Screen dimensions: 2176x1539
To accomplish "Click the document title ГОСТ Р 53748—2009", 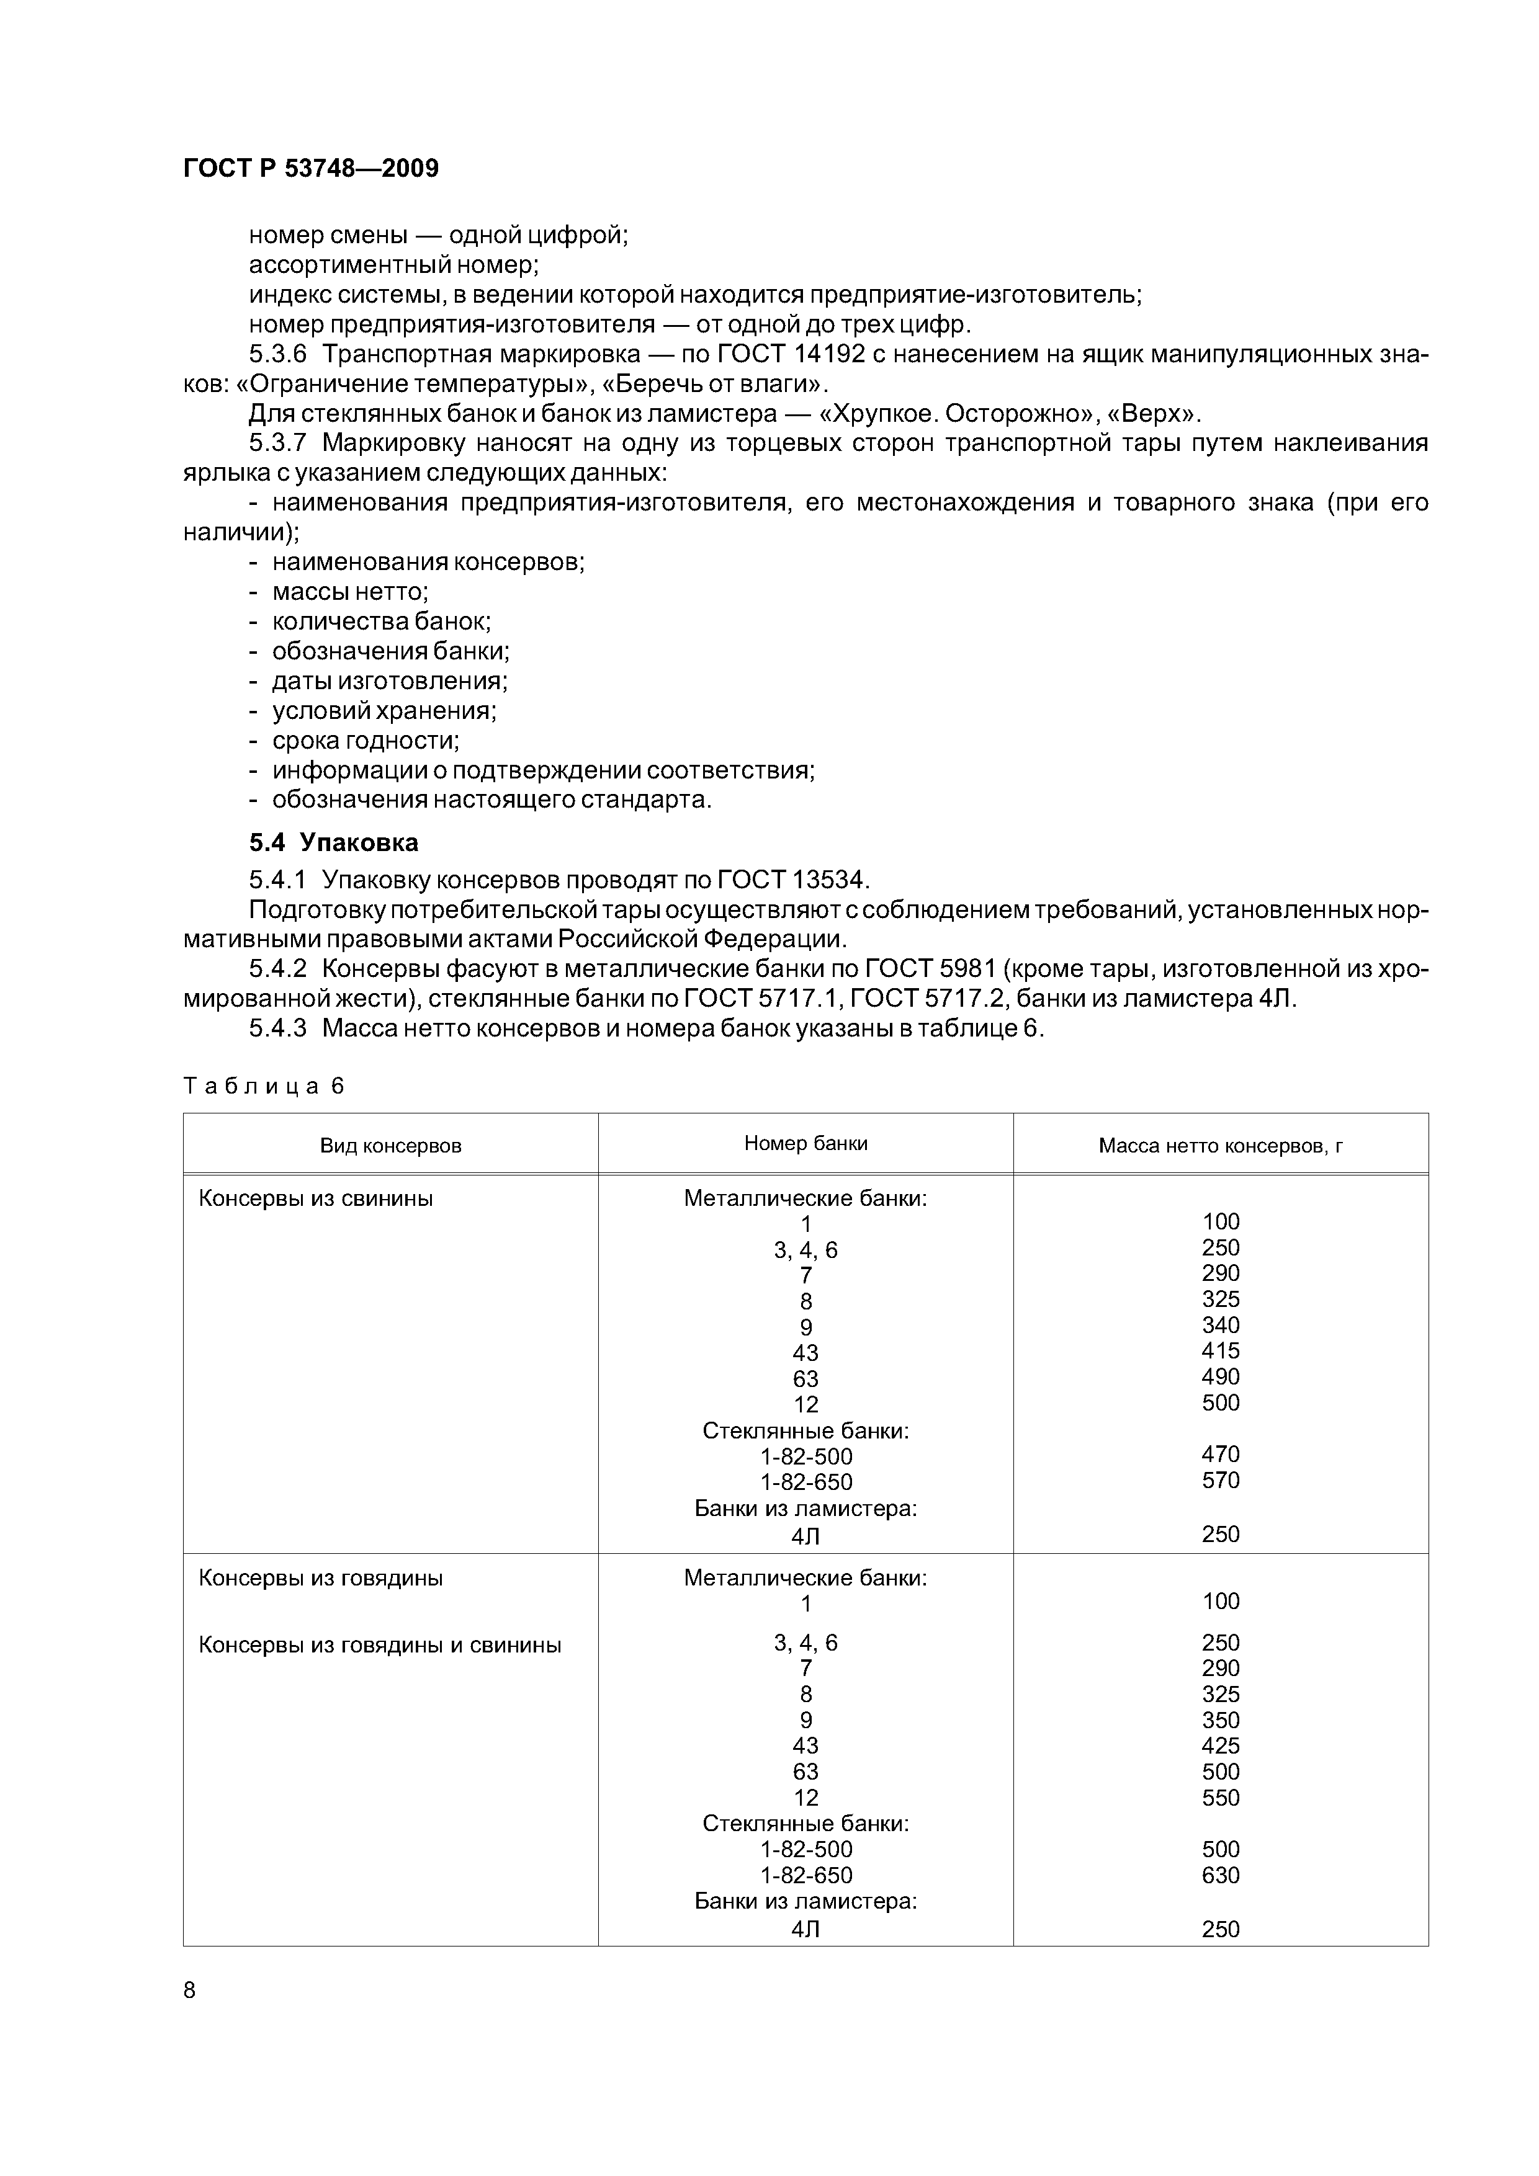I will coord(311,169).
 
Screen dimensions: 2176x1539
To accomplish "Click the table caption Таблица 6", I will coord(264,1086).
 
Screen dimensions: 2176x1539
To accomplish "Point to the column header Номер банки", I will coord(805,1144).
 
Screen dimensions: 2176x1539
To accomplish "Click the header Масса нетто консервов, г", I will coord(1221,1146).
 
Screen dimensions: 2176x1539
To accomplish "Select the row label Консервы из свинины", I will coord(316,1199).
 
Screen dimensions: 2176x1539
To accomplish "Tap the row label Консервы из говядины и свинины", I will coord(379,1645).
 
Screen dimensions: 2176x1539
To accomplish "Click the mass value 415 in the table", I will coord(1221,1350).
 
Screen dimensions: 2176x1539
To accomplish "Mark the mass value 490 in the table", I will coord(1221,1376).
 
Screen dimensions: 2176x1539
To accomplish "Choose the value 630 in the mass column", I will coord(1221,1875).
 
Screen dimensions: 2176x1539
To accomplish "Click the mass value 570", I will coord(1221,1481).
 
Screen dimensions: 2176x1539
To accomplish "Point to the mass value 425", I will coord(1221,1746).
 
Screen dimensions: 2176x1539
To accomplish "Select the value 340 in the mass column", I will coord(1221,1325).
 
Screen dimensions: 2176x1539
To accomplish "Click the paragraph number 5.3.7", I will coord(278,444).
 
